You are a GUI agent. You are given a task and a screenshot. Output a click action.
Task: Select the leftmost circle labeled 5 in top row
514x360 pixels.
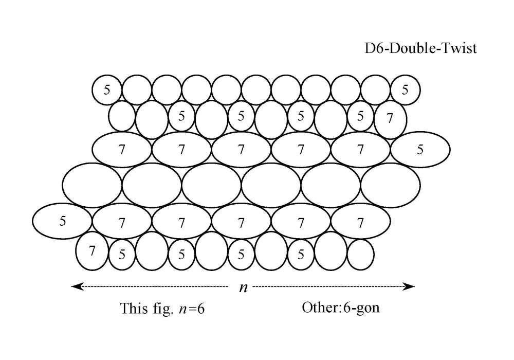point(107,89)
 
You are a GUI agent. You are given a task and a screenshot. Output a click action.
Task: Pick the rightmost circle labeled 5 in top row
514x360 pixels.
point(405,89)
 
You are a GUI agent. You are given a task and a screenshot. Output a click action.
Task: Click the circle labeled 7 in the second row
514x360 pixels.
point(390,119)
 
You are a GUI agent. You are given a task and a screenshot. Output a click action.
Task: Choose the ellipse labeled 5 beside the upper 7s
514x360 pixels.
point(420,150)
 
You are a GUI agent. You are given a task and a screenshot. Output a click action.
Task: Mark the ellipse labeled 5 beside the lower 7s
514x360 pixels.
point(63,222)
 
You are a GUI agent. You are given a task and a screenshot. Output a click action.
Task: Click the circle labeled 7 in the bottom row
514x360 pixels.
point(91,251)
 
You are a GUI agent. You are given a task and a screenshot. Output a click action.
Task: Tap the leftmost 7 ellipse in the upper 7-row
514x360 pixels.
point(122,150)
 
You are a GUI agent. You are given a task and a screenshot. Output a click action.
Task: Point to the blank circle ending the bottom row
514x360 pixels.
point(360,254)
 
